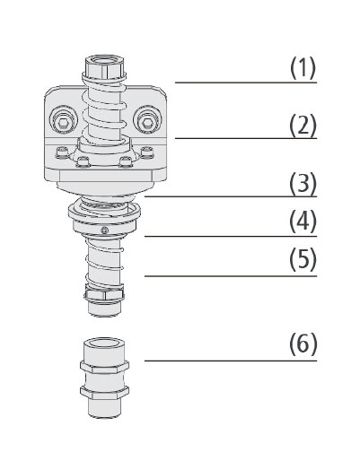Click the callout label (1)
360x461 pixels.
coord(303,68)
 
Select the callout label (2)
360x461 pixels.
coord(303,125)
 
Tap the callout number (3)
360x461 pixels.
coord(303,183)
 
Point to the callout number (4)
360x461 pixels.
coord(303,222)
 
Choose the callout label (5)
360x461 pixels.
coord(303,259)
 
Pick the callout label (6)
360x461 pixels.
coord(303,344)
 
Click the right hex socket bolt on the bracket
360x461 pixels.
coord(146,121)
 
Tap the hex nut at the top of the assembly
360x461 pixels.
coord(105,66)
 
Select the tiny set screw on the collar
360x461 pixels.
coord(104,230)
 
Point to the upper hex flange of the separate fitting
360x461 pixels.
coord(104,367)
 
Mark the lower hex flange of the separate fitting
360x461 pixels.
coord(104,392)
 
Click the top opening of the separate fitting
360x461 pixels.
coord(104,343)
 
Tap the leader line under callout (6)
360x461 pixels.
coord(231,361)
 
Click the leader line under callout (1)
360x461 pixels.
coord(246,83)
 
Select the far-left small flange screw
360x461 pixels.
coord(61,152)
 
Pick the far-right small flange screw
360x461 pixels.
coord(146,152)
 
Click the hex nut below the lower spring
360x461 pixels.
coord(104,294)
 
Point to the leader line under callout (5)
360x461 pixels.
coord(231,276)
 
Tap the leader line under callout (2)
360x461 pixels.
coord(246,138)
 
